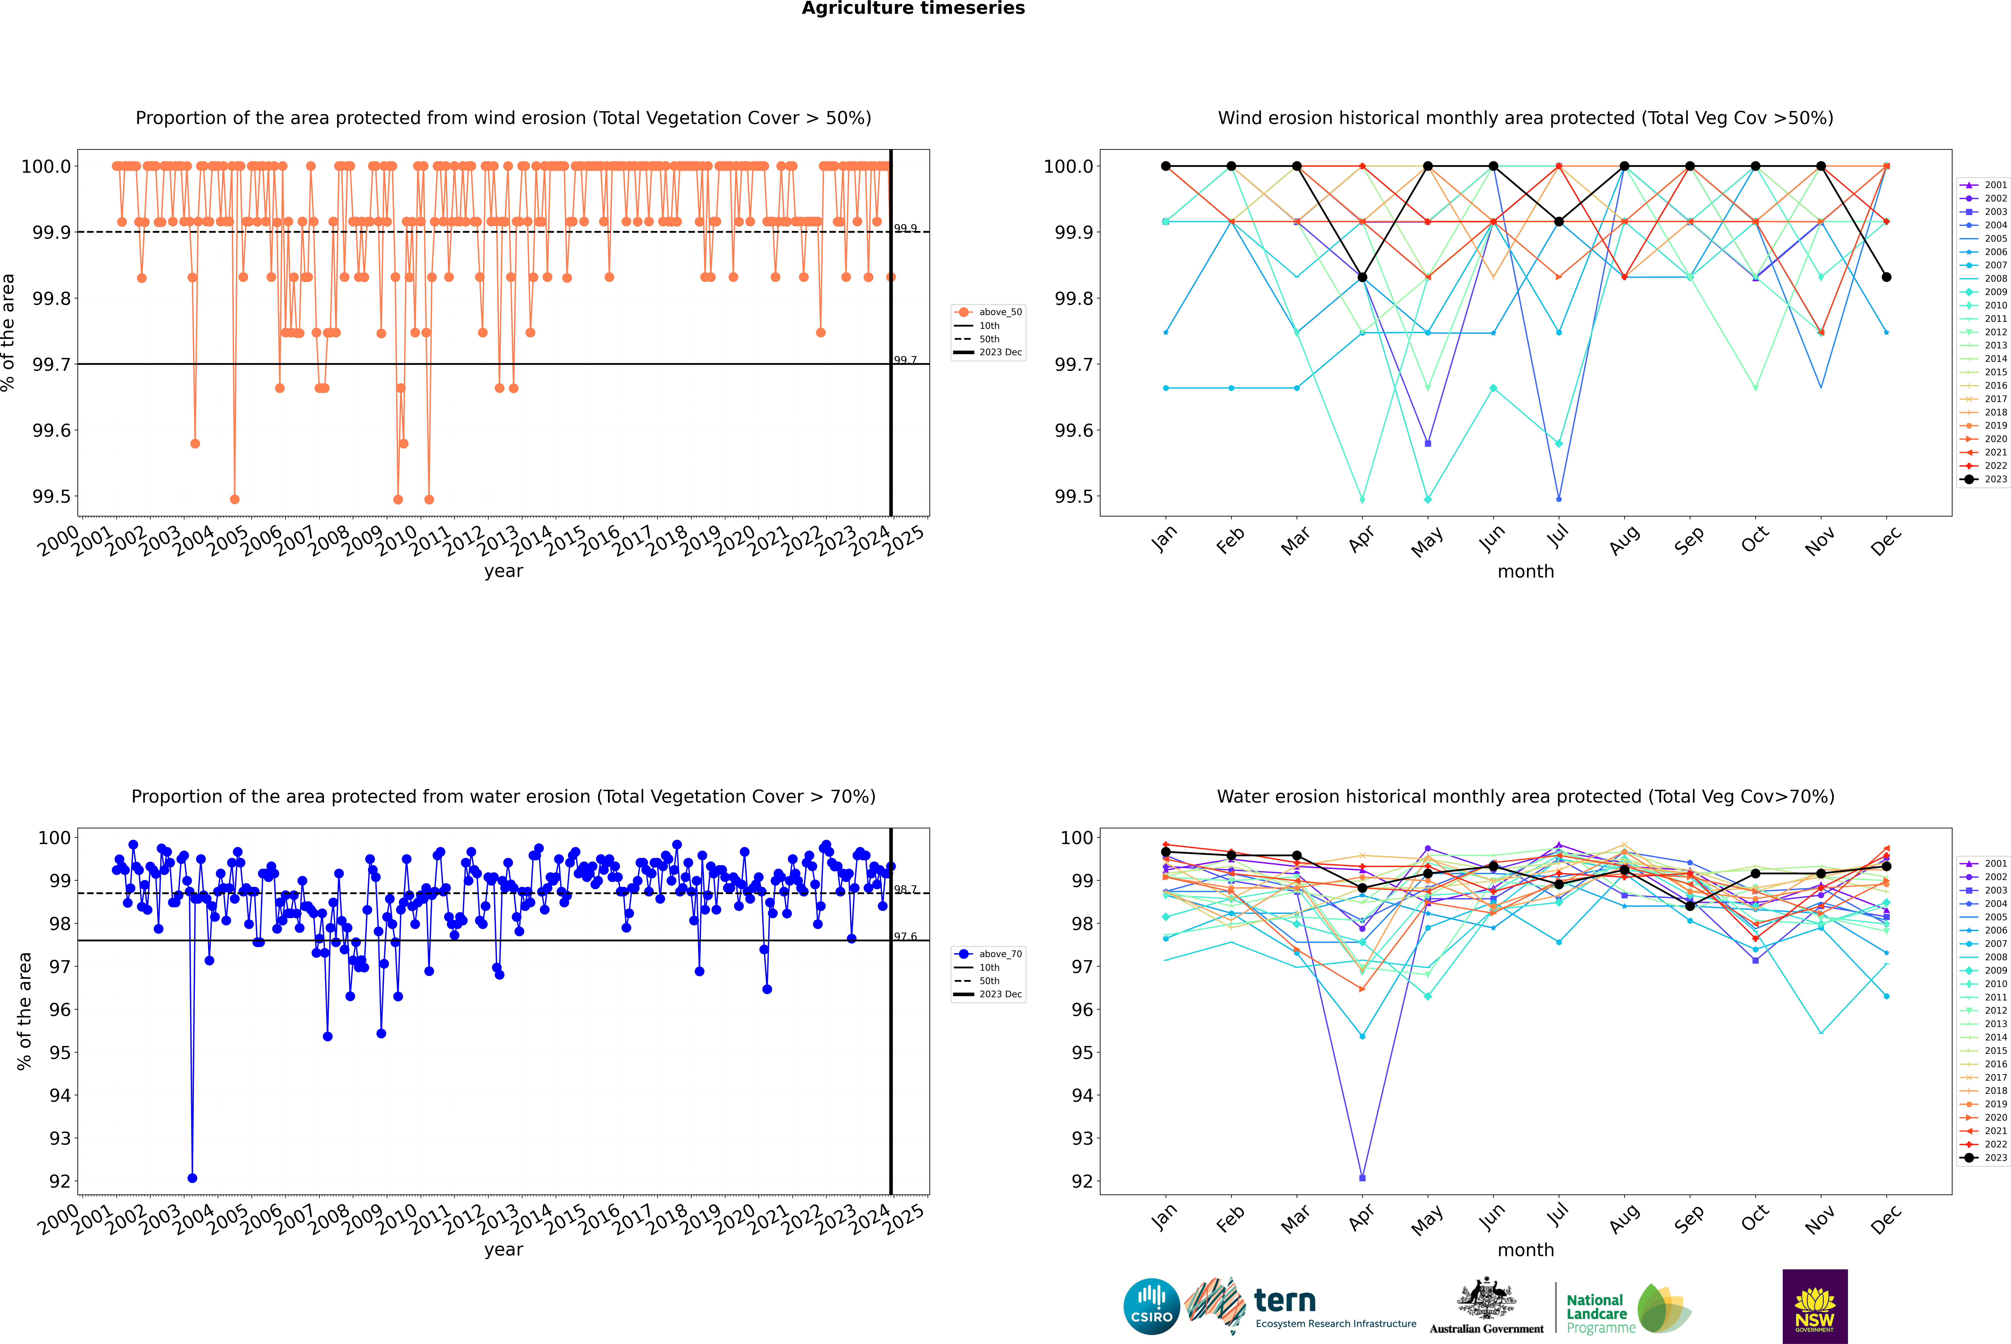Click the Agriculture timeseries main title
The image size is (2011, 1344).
pyautogui.click(x=913, y=9)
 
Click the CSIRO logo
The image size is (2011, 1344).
pyautogui.click(x=1151, y=1306)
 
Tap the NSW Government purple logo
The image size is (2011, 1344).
pyautogui.click(x=1815, y=1306)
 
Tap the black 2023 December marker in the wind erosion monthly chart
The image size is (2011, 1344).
pyautogui.click(x=1886, y=277)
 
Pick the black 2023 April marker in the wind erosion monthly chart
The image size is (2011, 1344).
pyautogui.click(x=1362, y=277)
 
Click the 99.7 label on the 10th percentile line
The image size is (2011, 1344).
pyautogui.click(x=905, y=360)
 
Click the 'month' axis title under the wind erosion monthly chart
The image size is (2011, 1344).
pyautogui.click(x=1525, y=572)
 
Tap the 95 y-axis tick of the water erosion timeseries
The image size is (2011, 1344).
pyautogui.click(x=60, y=1053)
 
